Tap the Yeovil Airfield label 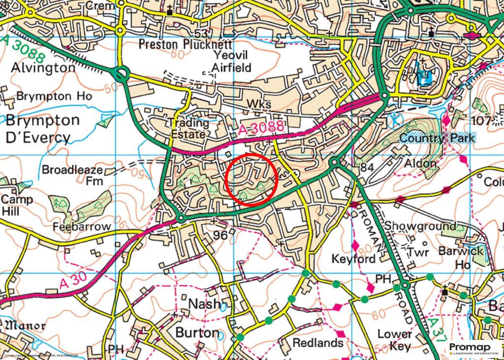click(x=231, y=61)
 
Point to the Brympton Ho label click(x=54, y=96)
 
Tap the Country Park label click(x=438, y=138)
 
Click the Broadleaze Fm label click(x=72, y=175)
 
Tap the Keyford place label click(x=354, y=259)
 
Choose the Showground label click(x=420, y=226)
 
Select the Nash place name click(x=205, y=304)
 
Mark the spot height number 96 click(x=220, y=236)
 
